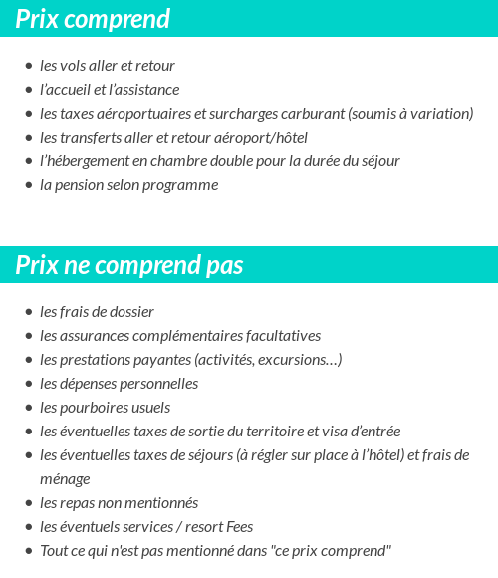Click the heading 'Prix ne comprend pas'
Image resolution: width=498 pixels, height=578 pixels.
[x=129, y=266]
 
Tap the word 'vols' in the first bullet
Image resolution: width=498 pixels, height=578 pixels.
[x=73, y=66]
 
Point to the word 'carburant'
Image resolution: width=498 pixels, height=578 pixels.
[x=315, y=114]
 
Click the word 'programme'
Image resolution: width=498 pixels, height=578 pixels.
[x=184, y=185]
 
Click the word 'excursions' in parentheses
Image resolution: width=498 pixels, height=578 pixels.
[x=297, y=360]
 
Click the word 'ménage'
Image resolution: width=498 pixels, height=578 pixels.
[x=65, y=479]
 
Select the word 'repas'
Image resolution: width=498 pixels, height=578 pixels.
[x=81, y=503]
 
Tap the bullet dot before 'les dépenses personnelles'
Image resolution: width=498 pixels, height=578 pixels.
[x=29, y=384]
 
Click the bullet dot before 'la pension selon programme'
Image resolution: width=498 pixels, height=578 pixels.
[x=29, y=185]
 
